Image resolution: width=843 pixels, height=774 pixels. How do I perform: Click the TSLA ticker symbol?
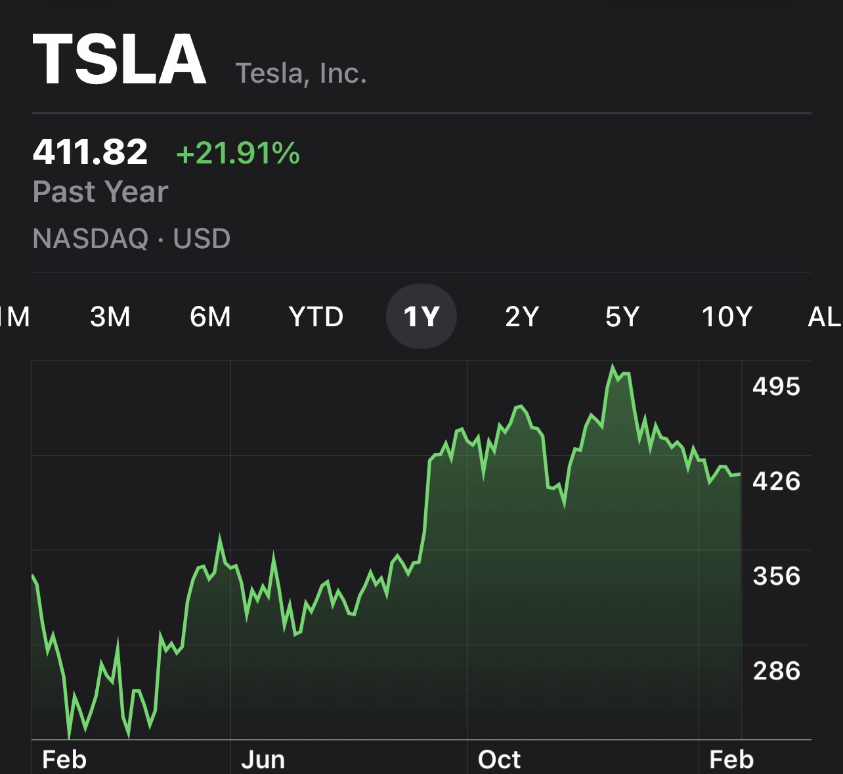pyautogui.click(x=119, y=60)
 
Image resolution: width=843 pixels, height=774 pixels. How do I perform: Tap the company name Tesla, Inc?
pyautogui.click(x=301, y=72)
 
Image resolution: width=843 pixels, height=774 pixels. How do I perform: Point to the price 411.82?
pyautogui.click(x=90, y=152)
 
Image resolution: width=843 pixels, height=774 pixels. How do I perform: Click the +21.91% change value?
pyautogui.click(x=238, y=154)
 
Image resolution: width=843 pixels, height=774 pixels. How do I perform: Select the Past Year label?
pyautogui.click(x=100, y=192)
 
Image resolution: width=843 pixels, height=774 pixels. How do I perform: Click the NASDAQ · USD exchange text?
pyautogui.click(x=131, y=238)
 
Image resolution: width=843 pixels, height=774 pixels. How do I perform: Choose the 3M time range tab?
pyautogui.click(x=110, y=317)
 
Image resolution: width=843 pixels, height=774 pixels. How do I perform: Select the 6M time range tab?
pyautogui.click(x=210, y=317)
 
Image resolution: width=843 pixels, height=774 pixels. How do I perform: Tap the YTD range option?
pyautogui.click(x=316, y=317)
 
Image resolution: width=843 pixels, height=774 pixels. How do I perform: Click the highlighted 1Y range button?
pyautogui.click(x=421, y=317)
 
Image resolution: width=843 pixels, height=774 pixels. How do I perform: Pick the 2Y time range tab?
pyautogui.click(x=522, y=317)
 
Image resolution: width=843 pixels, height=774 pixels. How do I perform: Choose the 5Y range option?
pyautogui.click(x=622, y=317)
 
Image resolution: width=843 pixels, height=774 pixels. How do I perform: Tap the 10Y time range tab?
pyautogui.click(x=726, y=317)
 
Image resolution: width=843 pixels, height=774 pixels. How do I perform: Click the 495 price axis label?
pyautogui.click(x=776, y=387)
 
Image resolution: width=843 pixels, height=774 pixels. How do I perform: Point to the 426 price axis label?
pyautogui.click(x=776, y=481)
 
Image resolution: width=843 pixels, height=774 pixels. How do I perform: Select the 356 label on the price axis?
pyautogui.click(x=776, y=576)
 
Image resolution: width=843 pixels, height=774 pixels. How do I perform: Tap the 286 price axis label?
pyautogui.click(x=776, y=671)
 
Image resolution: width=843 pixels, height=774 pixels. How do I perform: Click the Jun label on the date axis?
pyautogui.click(x=263, y=760)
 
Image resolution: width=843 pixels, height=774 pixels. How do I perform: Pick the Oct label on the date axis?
pyautogui.click(x=499, y=760)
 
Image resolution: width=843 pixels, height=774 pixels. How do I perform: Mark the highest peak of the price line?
pyautogui.click(x=613, y=366)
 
